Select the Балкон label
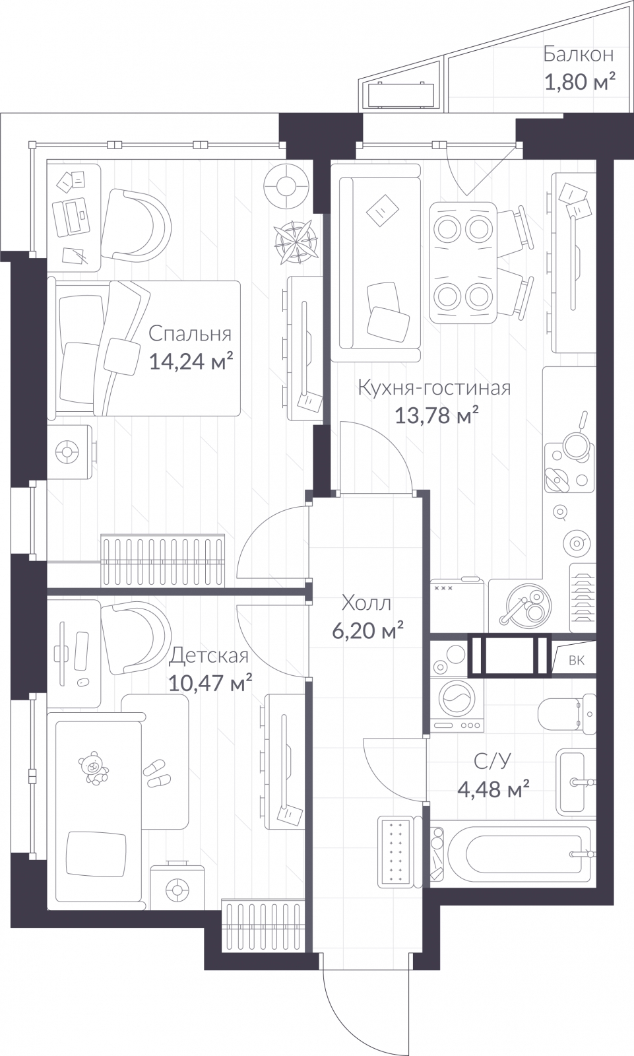pyautogui.click(x=578, y=54)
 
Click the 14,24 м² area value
pyautogui.click(x=191, y=362)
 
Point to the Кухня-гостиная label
pyautogui.click(x=434, y=387)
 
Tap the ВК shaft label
pyautogui.click(x=576, y=660)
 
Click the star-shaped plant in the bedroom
pyautogui.click(x=296, y=241)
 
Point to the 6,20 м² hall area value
pyautogui.click(x=367, y=630)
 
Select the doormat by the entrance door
pyautogui.click(x=396, y=852)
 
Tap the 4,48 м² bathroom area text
pyautogui.click(x=494, y=789)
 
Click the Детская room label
pyautogui.click(x=209, y=655)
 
